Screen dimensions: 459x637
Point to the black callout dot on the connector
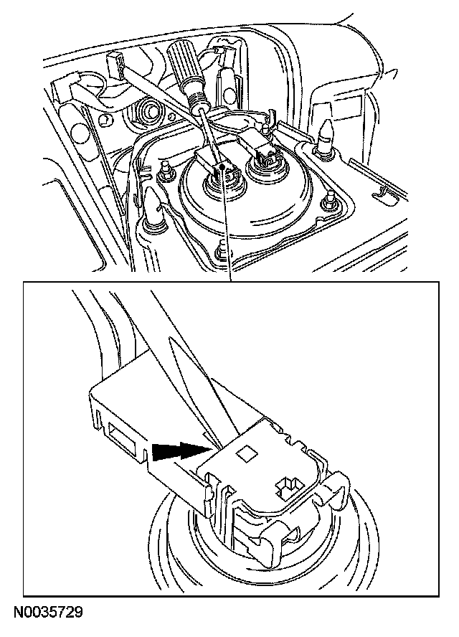point(222,166)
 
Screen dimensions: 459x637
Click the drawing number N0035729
point(48,612)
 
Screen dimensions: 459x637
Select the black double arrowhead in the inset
point(181,450)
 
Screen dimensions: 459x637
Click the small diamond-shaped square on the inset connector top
point(247,454)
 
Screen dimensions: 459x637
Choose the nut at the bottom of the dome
point(222,250)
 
